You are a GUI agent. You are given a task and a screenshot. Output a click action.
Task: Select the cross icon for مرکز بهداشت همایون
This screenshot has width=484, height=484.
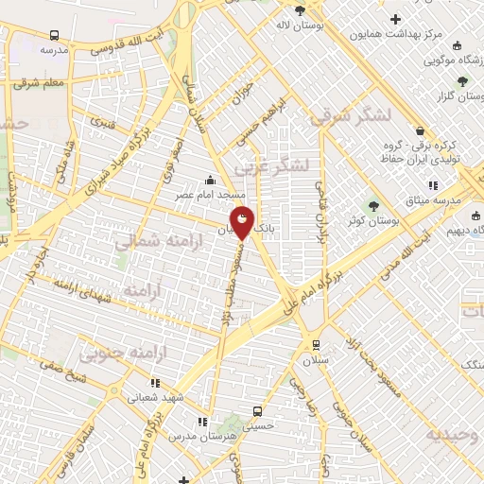click(x=395, y=19)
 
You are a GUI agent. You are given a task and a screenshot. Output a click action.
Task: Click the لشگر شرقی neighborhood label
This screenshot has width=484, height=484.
click(x=349, y=115)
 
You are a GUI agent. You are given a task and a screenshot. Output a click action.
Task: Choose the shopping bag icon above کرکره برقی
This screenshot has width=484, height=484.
click(x=420, y=131)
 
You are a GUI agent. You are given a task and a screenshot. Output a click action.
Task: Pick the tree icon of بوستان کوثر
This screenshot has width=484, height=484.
click(x=373, y=205)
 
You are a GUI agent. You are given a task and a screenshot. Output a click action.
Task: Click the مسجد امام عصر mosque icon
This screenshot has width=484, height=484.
click(x=210, y=180)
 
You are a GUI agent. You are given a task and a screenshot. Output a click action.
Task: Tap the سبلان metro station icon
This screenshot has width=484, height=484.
click(x=315, y=344)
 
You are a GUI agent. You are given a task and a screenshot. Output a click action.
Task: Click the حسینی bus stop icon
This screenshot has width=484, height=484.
click(x=256, y=411)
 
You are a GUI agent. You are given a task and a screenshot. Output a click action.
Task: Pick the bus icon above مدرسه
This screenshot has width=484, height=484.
click(x=49, y=34)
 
